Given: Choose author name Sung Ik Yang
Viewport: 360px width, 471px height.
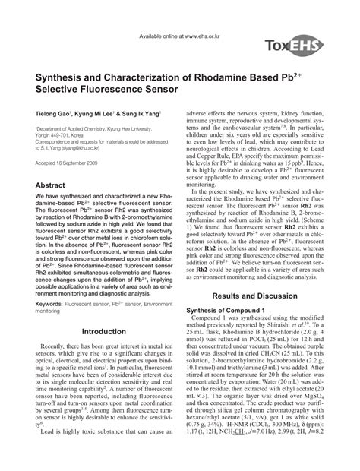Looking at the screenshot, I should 145,111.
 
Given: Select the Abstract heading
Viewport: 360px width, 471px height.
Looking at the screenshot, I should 51,185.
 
